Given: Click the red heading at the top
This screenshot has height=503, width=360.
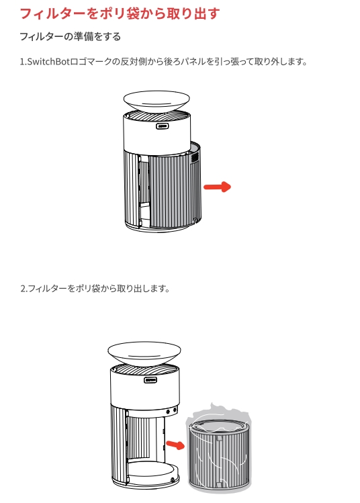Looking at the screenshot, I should pos(120,13).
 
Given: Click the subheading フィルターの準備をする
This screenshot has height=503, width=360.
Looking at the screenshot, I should pos(71,36).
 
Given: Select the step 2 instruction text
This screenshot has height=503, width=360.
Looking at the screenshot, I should pos(95,289).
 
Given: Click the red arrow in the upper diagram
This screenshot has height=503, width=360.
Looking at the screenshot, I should pos(217,187).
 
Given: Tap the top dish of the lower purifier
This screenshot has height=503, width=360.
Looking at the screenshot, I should pos(144,352).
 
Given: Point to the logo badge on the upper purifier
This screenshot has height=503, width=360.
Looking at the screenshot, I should pos(163,125).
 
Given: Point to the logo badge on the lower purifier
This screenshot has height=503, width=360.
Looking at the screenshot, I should pos(151,379).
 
